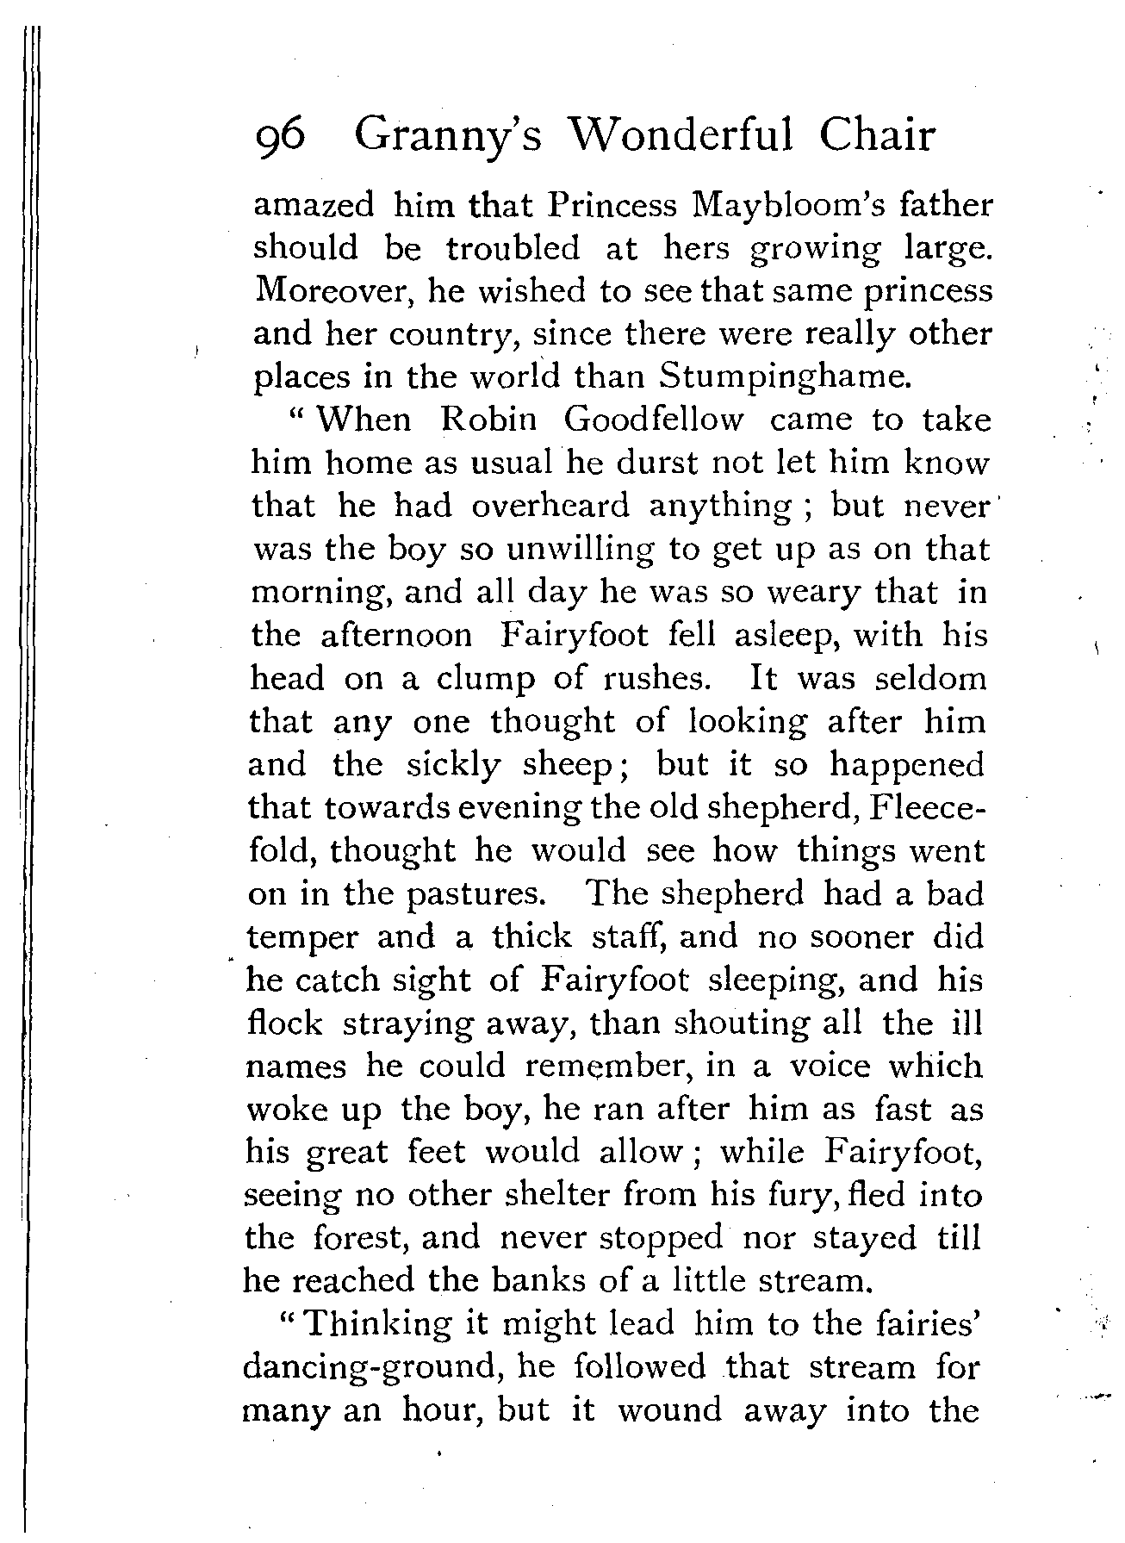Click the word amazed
point(314,206)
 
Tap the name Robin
point(488,420)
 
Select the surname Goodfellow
point(654,420)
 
